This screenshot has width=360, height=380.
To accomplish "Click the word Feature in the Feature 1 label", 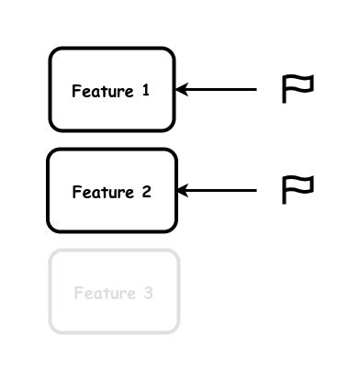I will pos(101,91).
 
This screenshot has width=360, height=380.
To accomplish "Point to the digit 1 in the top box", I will pos(145,90).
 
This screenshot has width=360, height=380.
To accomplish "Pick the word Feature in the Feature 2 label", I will pos(101,192).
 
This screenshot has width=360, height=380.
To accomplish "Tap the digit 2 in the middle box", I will pos(145,192).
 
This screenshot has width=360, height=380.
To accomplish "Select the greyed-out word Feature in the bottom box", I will pos(103,294).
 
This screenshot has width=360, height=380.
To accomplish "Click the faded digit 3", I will pos(147,294).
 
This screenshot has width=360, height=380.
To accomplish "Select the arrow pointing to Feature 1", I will pos(217,89).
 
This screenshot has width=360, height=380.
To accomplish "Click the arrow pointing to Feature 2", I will pos(217,190).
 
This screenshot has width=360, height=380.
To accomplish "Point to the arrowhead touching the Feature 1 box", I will pos(181,89).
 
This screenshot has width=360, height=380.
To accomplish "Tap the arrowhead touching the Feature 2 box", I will pos(182,190).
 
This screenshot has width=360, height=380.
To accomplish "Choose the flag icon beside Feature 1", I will pos(298,88).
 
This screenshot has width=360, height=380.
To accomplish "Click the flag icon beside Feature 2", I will pos(298,188).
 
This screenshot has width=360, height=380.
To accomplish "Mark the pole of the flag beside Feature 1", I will pos(284,91).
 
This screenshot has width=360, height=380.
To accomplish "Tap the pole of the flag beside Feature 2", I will pos(284,191).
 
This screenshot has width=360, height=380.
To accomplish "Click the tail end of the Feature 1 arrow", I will pos(254,89).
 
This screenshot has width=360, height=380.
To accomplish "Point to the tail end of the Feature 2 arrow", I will pos(254,190).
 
